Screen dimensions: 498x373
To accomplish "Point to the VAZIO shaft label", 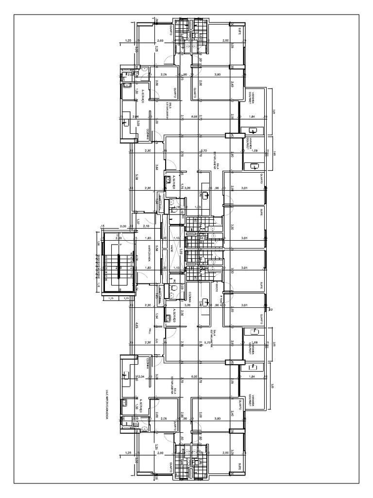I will (172, 249).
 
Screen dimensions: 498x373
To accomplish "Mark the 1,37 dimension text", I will (138, 222).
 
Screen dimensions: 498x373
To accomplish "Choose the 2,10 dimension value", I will (146, 227).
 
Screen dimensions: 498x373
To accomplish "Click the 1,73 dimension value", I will (204, 207).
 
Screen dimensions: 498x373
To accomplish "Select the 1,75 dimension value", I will (181, 187).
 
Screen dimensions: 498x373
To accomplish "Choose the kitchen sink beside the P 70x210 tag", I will (206, 303).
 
